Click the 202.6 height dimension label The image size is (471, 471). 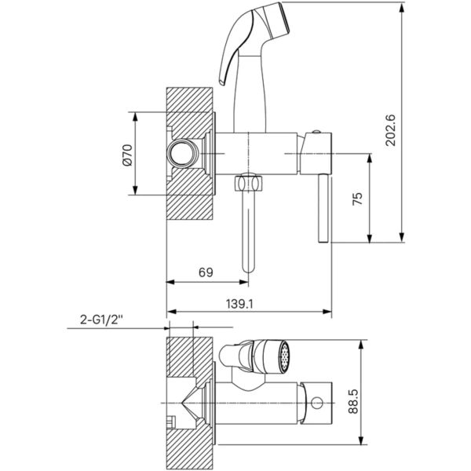pos(391,130)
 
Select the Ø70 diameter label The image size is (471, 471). pos(127,155)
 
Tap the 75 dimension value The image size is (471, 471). pos(357,199)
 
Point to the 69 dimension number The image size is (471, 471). pos(206,272)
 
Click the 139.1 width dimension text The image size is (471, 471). pos(239,304)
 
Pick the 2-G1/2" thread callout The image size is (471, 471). pos(101,319)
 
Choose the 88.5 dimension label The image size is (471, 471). pos(353,401)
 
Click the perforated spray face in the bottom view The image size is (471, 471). pos(284,356)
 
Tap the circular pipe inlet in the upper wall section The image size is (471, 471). pos(182,153)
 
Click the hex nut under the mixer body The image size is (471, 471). pos(249,183)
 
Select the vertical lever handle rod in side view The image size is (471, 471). pos(323,208)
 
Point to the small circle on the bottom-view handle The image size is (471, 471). pos(317,403)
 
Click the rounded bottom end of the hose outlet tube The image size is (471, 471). pos(248,268)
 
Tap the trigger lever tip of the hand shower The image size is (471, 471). pos(222,82)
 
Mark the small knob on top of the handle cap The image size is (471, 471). pos(316,131)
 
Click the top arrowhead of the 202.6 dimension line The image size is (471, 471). pos(402,8)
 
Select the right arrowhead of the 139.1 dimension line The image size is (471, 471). pos(327,312)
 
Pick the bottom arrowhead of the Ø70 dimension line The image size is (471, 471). pos(135,190)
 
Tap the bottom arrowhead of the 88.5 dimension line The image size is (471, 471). pos(362,440)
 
